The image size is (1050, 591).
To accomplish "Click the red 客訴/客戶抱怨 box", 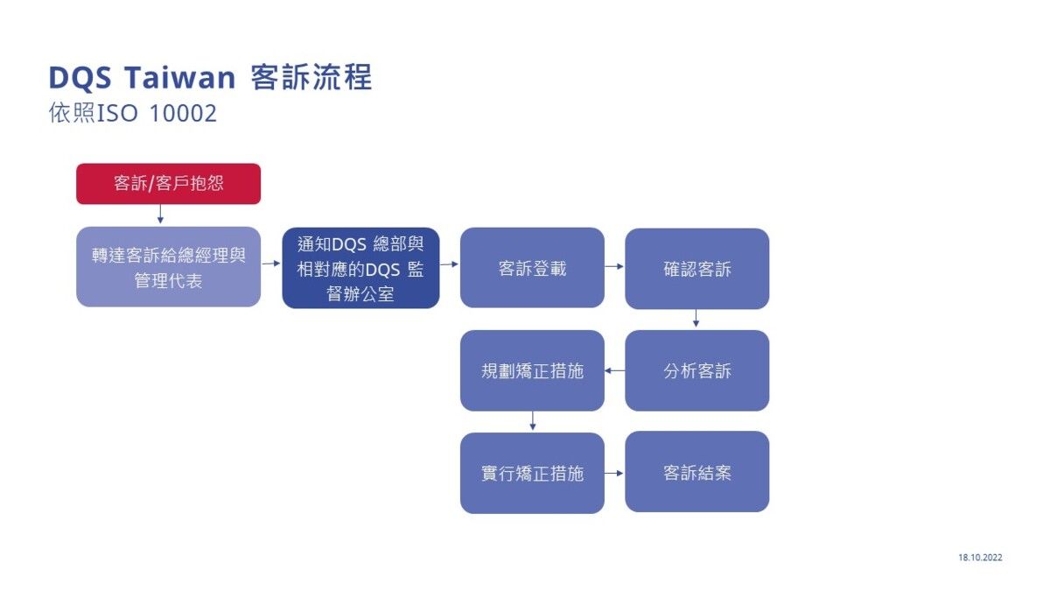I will pyautogui.click(x=168, y=184).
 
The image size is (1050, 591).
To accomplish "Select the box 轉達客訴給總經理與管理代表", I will pyautogui.click(x=168, y=267).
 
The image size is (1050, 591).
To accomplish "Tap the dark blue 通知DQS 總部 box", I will pyautogui.click(x=360, y=268).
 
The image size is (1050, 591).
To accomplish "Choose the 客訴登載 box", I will pyautogui.click(x=532, y=268).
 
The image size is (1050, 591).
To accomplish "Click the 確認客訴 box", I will pyautogui.click(x=696, y=269).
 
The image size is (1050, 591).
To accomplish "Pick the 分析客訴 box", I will pyautogui.click(x=696, y=370).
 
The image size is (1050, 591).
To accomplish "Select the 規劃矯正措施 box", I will pyautogui.click(x=532, y=370).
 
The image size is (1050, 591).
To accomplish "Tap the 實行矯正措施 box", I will pyautogui.click(x=532, y=473).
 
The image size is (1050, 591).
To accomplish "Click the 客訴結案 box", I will pyautogui.click(x=696, y=472).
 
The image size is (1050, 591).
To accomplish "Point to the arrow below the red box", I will pyautogui.click(x=160, y=215).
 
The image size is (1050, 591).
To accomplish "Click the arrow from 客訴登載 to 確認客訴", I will pyautogui.click(x=614, y=265).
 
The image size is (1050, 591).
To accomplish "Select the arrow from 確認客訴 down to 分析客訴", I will pyautogui.click(x=696, y=319).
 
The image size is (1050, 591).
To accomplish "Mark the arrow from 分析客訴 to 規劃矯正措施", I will pyautogui.click(x=614, y=370).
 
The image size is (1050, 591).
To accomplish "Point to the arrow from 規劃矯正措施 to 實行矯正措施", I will pyautogui.click(x=532, y=421).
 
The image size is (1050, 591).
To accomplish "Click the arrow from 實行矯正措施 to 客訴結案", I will pyautogui.click(x=614, y=473).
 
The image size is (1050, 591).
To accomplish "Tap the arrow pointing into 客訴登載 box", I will pyautogui.click(x=449, y=263).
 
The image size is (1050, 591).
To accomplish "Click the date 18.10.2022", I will pyautogui.click(x=980, y=557).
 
